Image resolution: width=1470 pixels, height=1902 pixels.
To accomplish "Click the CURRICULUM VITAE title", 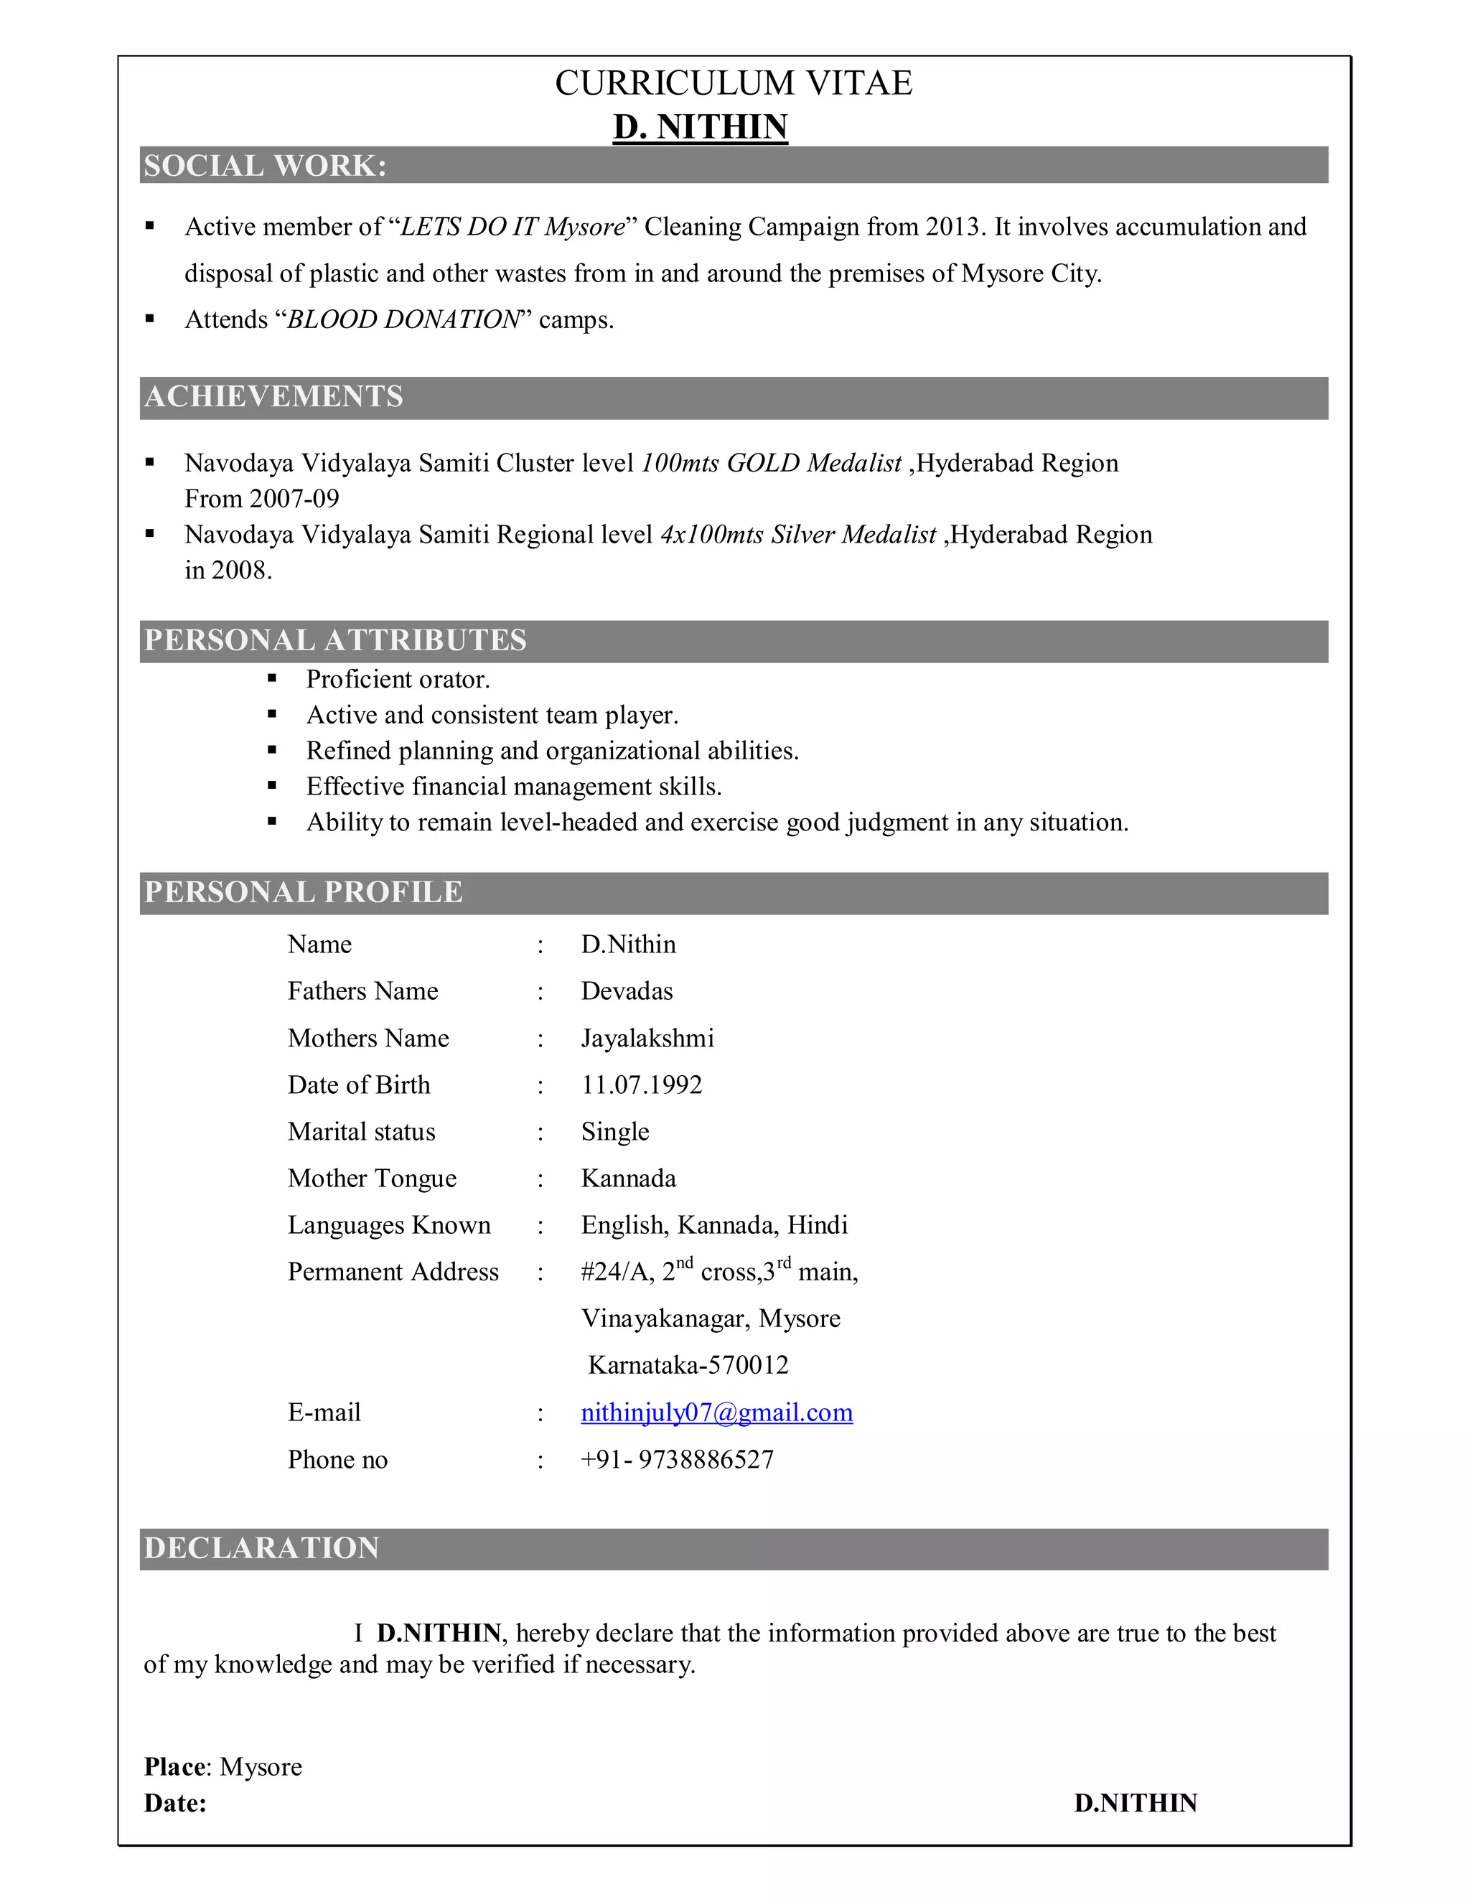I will pos(734,83).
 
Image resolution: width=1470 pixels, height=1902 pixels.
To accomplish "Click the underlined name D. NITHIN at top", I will pos(700,127).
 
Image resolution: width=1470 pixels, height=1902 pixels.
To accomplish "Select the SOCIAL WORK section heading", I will pos(265,166).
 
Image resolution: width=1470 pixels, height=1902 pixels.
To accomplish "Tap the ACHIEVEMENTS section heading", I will pos(273,396).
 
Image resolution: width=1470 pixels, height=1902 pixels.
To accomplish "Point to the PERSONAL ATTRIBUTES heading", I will pos(335,640).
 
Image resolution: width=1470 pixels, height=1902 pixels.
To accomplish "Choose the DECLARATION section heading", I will pos(261,1547).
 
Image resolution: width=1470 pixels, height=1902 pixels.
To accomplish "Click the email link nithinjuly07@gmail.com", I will pos(717,1412).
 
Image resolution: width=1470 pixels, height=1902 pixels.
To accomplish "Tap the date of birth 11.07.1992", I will pos(642,1084).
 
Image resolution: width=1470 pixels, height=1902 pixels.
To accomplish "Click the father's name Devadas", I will pos(627,991).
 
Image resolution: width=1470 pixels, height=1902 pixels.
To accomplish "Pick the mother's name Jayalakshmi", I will pos(648,1038).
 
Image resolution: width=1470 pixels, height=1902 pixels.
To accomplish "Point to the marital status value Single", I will pos(615,1131).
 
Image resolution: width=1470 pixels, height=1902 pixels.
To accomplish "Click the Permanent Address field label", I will pos(393,1272).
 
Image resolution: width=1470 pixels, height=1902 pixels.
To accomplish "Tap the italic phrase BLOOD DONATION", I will pos(403,319).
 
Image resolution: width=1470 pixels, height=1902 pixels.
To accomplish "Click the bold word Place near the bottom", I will pos(176,1767).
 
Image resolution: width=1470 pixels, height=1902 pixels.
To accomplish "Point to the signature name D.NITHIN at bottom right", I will pos(1135,1803).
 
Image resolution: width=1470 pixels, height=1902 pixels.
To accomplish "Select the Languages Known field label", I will pos(389,1224).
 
